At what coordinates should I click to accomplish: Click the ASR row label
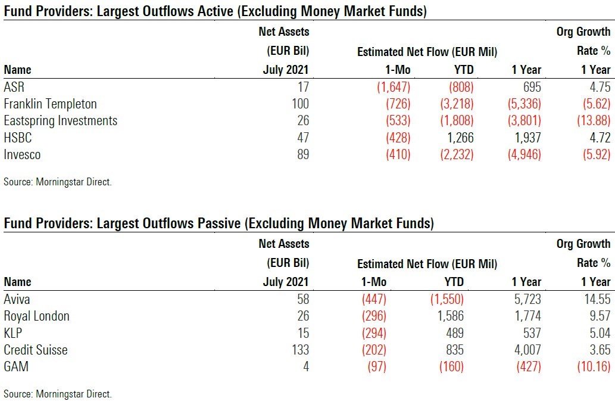pyautogui.click(x=14, y=86)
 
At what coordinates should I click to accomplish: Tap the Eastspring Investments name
pyautogui.click(x=60, y=121)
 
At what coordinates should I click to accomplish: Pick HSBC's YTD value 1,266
pyautogui.click(x=457, y=138)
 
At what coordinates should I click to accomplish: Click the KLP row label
pyautogui.click(x=14, y=332)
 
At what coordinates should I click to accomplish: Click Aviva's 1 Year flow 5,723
pyautogui.click(x=526, y=299)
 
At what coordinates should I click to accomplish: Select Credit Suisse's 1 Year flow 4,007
pyautogui.click(x=526, y=350)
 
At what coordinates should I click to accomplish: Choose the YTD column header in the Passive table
pyautogui.click(x=454, y=282)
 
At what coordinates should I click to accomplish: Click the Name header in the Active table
pyautogui.click(x=17, y=70)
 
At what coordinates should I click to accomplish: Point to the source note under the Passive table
pyautogui.click(x=58, y=394)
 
